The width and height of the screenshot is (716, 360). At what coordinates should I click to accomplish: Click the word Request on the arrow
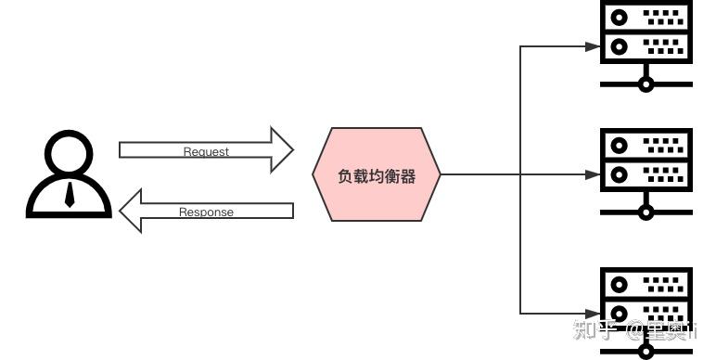click(x=206, y=151)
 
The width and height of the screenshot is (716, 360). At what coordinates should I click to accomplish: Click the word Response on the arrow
click(x=206, y=212)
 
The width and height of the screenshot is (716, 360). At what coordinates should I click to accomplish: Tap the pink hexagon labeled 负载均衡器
click(x=377, y=174)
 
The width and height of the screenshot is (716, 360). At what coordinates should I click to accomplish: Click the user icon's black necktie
click(x=70, y=194)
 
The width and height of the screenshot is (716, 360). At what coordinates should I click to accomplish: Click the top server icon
click(x=646, y=32)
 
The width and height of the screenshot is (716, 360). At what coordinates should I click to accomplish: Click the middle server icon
click(x=646, y=160)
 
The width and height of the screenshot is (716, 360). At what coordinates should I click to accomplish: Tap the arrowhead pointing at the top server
click(x=593, y=45)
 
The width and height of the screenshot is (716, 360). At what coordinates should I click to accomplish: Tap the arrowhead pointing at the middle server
click(x=593, y=174)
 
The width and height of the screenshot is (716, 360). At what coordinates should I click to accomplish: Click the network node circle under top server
click(x=646, y=84)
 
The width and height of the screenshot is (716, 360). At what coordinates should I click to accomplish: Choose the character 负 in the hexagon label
click(x=347, y=174)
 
